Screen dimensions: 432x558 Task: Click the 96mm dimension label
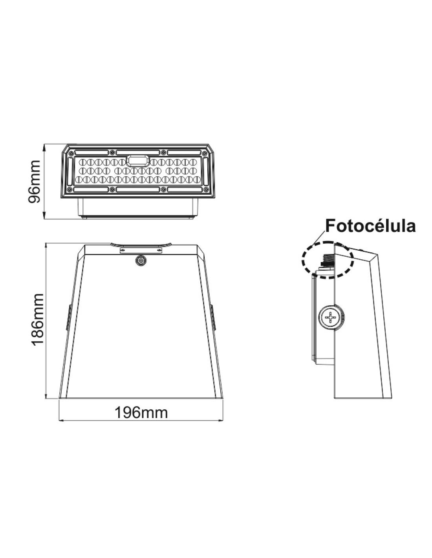(x=35, y=182)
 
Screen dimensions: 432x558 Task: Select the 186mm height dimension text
(x=37, y=319)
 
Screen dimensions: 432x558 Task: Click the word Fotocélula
(x=370, y=226)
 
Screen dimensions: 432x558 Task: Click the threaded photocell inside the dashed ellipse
(x=328, y=261)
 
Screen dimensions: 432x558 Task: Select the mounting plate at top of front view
(x=141, y=250)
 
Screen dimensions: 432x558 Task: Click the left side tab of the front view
(x=68, y=317)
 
